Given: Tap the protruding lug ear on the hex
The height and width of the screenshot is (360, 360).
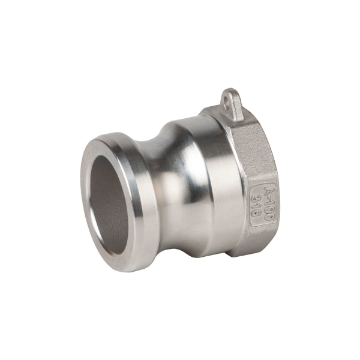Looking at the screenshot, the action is [x=232, y=104].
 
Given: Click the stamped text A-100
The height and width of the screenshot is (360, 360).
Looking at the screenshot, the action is [x=269, y=203].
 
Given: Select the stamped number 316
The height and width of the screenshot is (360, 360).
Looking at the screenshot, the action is [x=256, y=205].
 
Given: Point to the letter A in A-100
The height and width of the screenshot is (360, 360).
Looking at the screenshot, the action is [x=267, y=190].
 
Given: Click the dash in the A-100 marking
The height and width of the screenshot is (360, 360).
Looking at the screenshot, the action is [x=268, y=197].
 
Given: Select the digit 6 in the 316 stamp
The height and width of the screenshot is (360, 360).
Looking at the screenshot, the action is [x=256, y=213].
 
